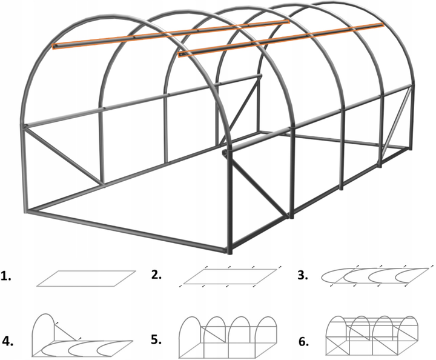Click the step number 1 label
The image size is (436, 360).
coord(6,276)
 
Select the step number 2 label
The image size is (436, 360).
coord(157,275)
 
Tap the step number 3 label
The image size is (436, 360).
coord(303,275)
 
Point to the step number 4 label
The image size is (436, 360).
coord(8,341)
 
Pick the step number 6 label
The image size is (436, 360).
coord(304,342)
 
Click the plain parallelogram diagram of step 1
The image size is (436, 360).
coord(86,279)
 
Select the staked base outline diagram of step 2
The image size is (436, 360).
coord(230,276)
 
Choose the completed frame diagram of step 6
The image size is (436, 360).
coord(372,336)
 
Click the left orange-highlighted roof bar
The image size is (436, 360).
coord(171,35)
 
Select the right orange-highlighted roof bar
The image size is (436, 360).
coord(281,39)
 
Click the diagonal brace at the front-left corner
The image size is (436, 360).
coord(65,156)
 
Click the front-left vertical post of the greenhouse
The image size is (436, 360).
coord(24,168)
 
